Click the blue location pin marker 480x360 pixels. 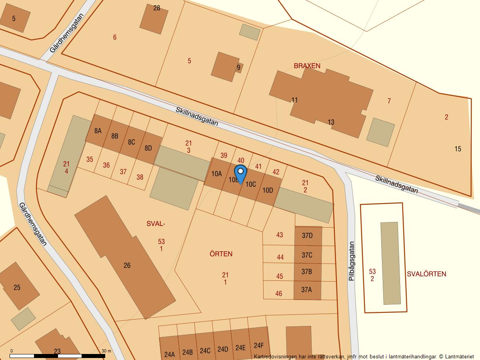tap(240, 174)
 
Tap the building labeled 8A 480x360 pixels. tap(98, 131)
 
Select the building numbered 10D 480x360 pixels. tap(268, 190)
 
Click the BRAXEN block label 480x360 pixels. tap(307, 66)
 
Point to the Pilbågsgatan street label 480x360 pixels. tap(352, 261)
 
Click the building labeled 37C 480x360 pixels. tap(307, 255)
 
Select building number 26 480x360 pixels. tap(127, 265)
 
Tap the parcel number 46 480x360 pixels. tap(278, 294)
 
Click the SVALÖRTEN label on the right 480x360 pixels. tap(426, 274)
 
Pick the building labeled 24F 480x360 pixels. tap(258, 346)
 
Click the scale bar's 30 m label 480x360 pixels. tap(106, 351)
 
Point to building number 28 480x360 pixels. tap(156, 8)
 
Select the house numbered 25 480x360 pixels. tap(17, 287)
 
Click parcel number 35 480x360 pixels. tap(90, 159)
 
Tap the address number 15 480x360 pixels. tap(458, 149)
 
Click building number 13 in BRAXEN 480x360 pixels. tap(331, 122)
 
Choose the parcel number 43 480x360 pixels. tap(279, 235)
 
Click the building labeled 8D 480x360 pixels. tap(148, 148)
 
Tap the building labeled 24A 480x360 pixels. tap(169, 354)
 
